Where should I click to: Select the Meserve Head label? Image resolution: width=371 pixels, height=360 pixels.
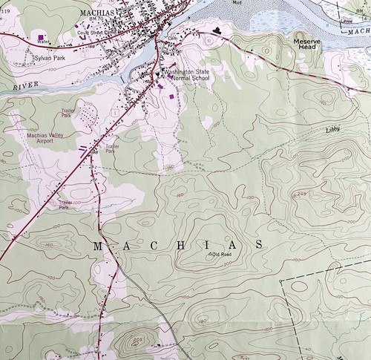[x=305, y=44]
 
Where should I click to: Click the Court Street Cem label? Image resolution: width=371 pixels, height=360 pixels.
[x=98, y=33]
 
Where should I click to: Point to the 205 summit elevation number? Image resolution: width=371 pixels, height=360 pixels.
[x=137, y=340]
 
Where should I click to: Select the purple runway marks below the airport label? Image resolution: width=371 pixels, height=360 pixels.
[x=79, y=147]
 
